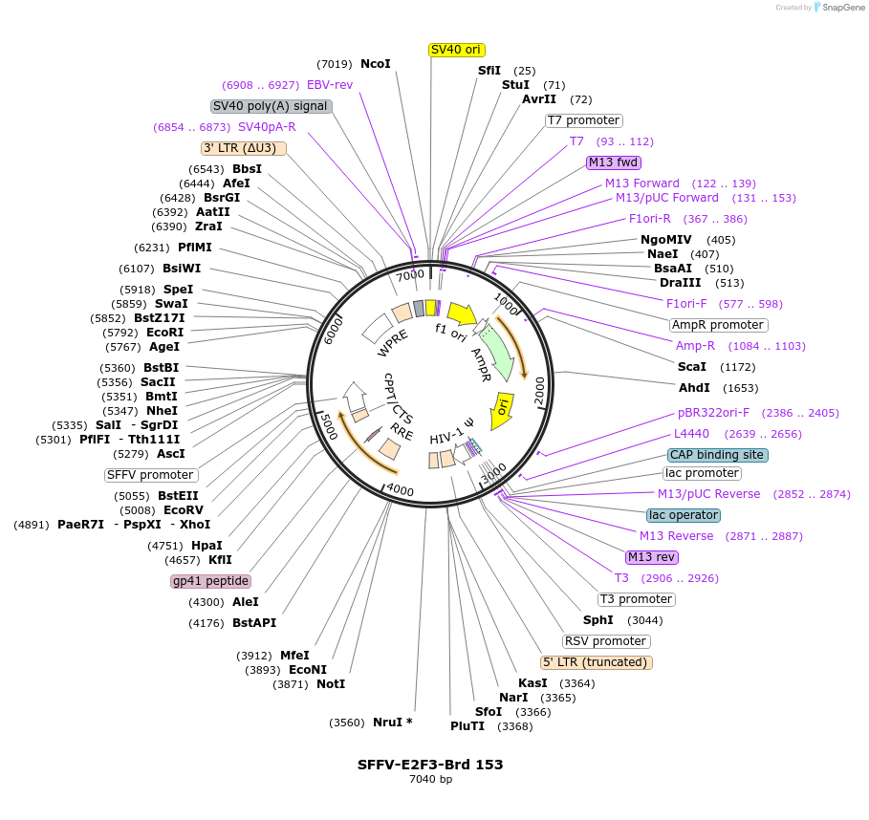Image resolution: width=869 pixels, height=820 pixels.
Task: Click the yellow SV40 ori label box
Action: point(456,50)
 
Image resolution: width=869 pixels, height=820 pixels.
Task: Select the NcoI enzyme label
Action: point(375,64)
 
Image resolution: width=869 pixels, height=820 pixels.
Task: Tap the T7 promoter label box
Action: point(583,120)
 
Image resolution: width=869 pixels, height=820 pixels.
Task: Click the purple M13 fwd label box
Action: point(614,162)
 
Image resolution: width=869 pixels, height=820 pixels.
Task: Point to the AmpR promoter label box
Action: point(718,325)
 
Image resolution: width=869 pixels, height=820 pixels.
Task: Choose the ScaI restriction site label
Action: point(692,367)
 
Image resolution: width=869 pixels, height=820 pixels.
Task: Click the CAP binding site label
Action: point(717,455)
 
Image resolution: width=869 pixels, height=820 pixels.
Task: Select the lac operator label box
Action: point(683,515)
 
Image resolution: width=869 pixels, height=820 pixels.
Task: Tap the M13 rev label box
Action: point(650,557)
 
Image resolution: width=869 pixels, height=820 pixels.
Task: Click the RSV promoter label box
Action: point(606,641)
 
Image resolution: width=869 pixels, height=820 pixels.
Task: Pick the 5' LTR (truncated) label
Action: point(596,662)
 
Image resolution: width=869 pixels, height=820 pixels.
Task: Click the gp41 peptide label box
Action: point(210,581)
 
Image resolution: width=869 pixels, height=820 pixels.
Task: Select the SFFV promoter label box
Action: point(151,475)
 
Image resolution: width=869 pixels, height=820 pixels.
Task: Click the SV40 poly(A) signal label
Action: point(271,106)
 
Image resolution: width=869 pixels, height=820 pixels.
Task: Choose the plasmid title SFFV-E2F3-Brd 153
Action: point(430,765)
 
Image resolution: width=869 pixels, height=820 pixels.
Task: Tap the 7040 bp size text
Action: point(430,780)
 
